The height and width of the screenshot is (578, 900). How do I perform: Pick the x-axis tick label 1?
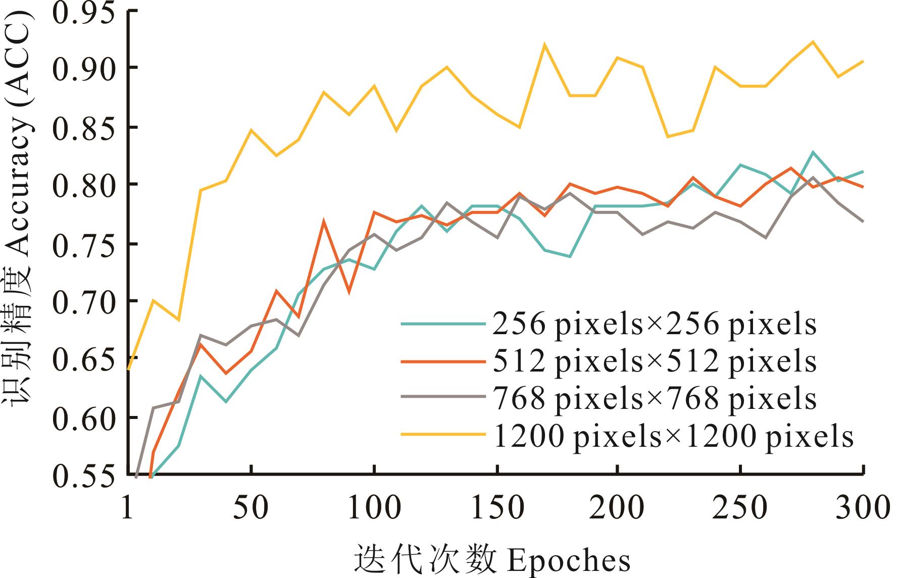pyautogui.click(x=128, y=507)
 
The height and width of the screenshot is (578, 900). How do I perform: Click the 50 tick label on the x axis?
pyautogui.click(x=251, y=507)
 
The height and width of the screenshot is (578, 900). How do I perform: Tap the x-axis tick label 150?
pyautogui.click(x=497, y=507)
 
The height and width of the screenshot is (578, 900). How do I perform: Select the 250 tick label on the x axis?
pyautogui.click(x=740, y=507)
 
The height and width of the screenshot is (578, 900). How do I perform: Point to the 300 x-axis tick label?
pyautogui.click(x=862, y=507)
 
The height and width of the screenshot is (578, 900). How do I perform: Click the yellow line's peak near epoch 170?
pyautogui.click(x=544, y=44)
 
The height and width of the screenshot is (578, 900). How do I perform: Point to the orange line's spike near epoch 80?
pyautogui.click(x=324, y=221)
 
